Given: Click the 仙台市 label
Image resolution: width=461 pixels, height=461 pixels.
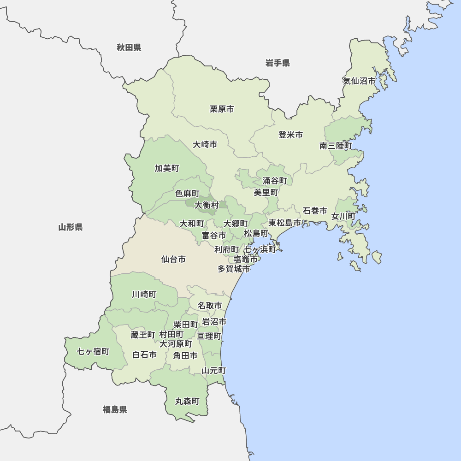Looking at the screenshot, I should coord(173,260).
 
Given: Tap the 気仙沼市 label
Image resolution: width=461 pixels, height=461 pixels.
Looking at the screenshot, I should coord(359,81).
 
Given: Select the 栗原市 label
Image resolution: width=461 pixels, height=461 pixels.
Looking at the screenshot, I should coord(222,109).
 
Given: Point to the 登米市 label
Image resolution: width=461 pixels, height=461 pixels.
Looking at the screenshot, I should coord(290,135).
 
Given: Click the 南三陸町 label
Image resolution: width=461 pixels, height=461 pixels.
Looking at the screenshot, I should coord(336,146).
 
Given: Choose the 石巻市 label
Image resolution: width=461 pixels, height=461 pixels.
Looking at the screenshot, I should coord(315,211).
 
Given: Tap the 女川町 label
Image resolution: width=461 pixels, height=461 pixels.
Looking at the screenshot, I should coord(343,216).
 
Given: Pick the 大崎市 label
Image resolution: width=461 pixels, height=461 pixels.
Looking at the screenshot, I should coord(205,145).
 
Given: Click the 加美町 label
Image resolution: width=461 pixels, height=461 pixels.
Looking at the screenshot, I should coord(167,168).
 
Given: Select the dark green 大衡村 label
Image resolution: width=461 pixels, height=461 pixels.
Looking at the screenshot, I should coord(207,205).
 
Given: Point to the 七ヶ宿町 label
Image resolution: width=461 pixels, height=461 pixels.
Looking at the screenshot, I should coord(93,352).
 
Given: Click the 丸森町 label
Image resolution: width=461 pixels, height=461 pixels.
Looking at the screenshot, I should coord(187,402).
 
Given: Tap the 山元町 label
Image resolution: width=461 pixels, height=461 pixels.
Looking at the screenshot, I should coord(214,371).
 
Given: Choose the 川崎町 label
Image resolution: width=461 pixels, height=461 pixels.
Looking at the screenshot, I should coord(144,294).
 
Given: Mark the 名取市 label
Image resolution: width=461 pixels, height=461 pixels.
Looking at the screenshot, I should coord(210,306).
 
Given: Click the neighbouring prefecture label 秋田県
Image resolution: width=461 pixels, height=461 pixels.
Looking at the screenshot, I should coord(129,47).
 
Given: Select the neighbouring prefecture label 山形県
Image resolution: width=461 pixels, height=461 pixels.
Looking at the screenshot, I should coord(71,227).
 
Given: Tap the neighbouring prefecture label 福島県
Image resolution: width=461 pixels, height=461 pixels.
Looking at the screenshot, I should coord(115,409).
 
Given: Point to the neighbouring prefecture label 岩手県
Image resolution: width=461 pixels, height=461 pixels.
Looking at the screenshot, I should coord(278,63).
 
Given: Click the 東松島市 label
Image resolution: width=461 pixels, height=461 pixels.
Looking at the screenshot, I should coord(285,223).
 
